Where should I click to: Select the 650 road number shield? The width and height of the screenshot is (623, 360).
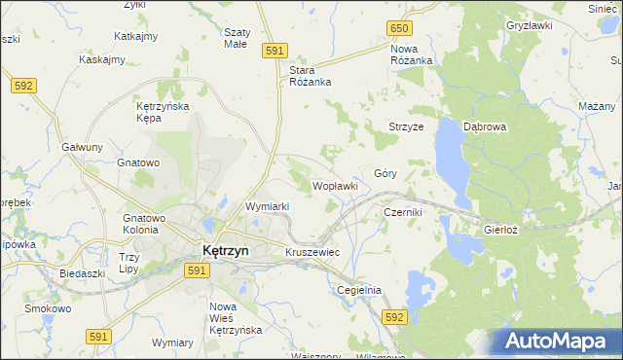[398, 29]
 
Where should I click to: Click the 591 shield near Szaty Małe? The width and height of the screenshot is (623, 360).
[275, 50]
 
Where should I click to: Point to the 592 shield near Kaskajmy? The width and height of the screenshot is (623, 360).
[24, 86]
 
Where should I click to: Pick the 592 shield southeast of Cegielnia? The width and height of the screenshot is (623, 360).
[393, 317]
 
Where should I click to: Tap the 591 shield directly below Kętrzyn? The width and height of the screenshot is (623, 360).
[196, 271]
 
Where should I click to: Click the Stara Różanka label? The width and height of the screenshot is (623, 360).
[311, 76]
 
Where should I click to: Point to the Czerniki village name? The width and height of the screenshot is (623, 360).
[402, 211]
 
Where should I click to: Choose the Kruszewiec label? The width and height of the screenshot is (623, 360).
[311, 252]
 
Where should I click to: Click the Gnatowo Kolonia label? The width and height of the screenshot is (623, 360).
[144, 224]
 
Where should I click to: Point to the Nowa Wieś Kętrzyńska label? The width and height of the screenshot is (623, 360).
[237, 319]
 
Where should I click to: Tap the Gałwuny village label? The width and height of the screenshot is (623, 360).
[83, 147]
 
